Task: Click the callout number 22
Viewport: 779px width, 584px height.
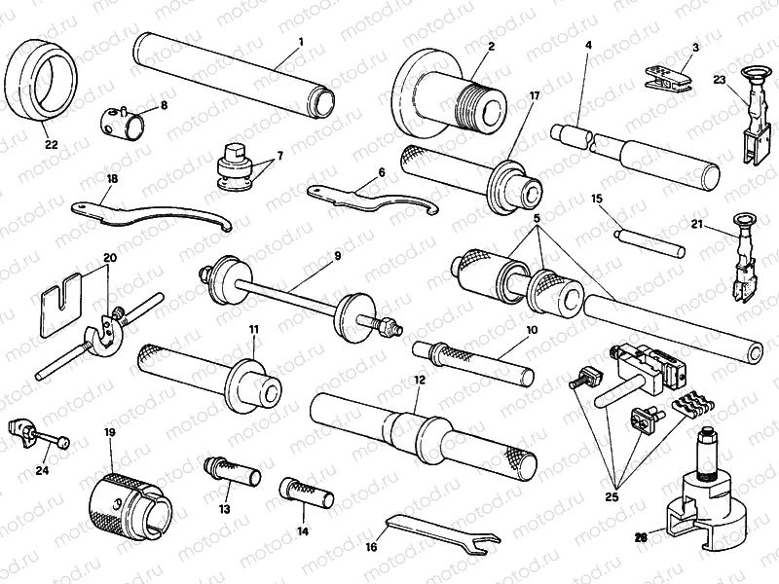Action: pyautogui.click(x=50, y=144)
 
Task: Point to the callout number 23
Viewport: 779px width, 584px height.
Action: pyautogui.click(x=719, y=80)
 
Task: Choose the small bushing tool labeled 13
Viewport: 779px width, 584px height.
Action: pyautogui.click(x=231, y=473)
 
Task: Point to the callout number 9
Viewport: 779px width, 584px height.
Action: pyautogui.click(x=337, y=256)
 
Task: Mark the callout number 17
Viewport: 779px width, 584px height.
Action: pyautogui.click(x=534, y=96)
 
